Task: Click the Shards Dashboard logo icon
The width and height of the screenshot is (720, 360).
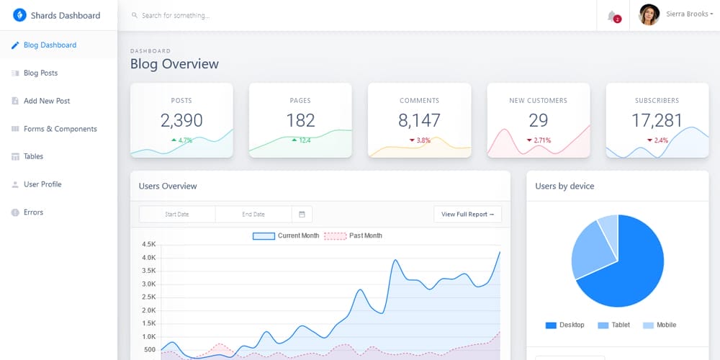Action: tap(19, 15)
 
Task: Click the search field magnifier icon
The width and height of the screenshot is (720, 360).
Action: tap(135, 15)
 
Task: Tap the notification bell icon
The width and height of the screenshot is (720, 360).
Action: tap(612, 15)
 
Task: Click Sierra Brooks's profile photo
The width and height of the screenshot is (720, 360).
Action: tap(649, 15)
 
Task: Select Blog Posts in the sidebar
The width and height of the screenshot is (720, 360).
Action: tap(40, 73)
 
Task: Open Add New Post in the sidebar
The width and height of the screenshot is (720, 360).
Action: tap(46, 101)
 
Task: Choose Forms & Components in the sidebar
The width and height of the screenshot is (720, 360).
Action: tap(60, 129)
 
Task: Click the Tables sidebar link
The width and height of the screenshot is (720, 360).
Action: tap(33, 156)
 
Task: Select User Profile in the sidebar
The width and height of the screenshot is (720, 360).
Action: tap(42, 184)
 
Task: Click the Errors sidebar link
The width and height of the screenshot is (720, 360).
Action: tap(33, 212)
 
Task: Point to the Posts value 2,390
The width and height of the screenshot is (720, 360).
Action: tap(181, 120)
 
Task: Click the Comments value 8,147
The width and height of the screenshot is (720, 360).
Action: tap(419, 120)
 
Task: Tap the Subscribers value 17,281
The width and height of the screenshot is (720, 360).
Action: tap(657, 120)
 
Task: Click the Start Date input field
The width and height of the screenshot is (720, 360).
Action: tap(177, 214)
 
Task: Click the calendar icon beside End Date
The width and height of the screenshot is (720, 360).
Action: tap(302, 214)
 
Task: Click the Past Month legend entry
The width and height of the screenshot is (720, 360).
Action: tap(353, 235)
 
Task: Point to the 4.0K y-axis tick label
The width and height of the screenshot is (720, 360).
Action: tap(149, 258)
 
